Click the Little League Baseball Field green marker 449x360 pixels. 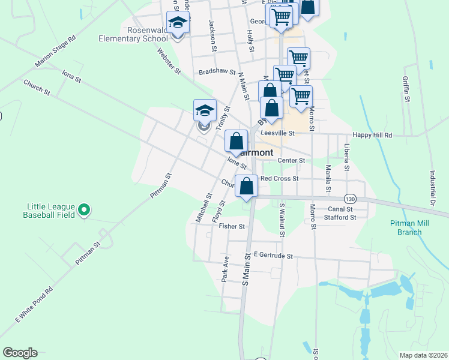pos(85,209)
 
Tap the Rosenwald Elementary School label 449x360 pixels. pos(133,34)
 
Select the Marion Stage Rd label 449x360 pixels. pos(56,51)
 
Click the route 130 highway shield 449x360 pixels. pos(350,198)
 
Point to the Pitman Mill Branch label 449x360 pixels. pos(409,227)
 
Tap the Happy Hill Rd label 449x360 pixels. pos(372,136)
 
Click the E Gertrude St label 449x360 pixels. pos(273,256)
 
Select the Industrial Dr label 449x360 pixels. pos(432,186)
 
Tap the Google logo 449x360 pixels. pos(20,353)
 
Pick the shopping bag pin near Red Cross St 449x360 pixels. pos(247,186)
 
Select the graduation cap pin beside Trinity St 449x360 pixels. pos(205,110)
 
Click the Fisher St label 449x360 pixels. pos(232,226)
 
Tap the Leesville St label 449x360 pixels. pos(277,133)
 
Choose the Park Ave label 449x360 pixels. pos(226,269)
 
